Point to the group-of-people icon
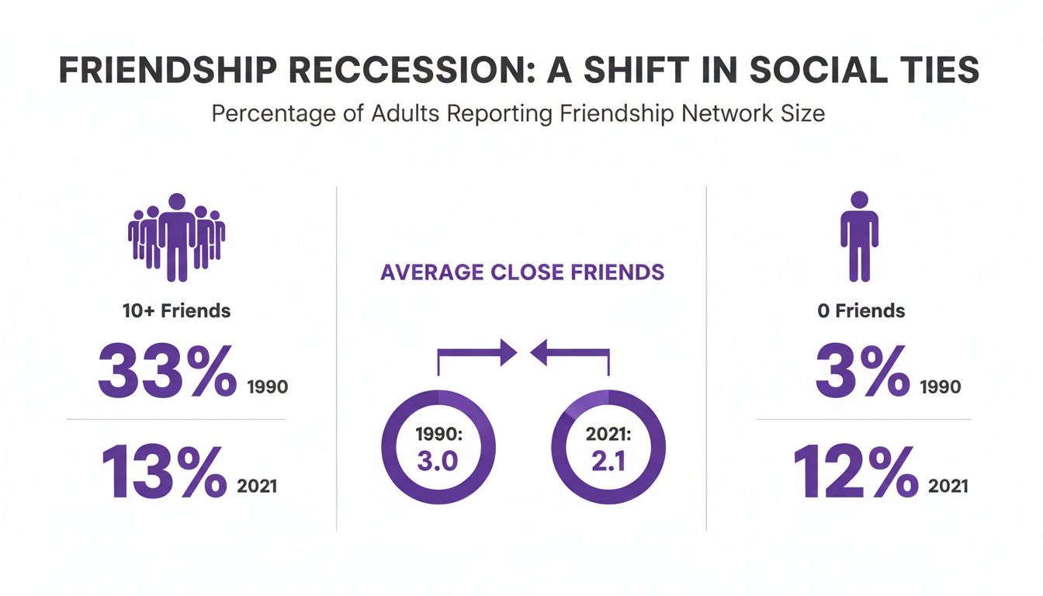[176, 237]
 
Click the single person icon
[860, 237]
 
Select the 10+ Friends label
[176, 311]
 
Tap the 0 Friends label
[861, 311]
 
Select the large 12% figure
[854, 472]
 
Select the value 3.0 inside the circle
[438, 461]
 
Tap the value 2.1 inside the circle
[608, 461]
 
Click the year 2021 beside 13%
[255, 487]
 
